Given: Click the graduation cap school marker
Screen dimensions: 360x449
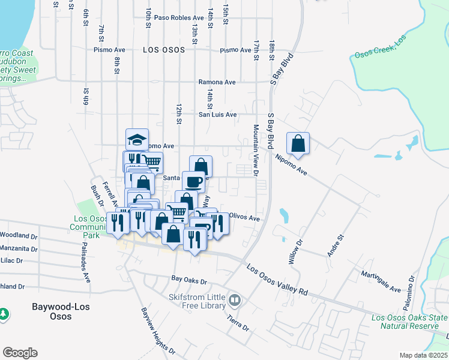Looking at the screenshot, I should click(x=137, y=140).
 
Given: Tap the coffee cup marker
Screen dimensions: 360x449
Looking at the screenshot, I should click(x=193, y=181).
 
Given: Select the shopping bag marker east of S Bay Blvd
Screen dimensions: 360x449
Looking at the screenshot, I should click(x=298, y=143).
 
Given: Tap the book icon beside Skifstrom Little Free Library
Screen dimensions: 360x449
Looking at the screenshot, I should click(x=235, y=299).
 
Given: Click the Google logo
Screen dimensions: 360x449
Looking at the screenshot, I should click(x=20, y=353).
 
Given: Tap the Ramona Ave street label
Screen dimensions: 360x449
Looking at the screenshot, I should click(x=217, y=82).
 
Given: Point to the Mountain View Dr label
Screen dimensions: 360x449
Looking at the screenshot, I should click(x=256, y=151).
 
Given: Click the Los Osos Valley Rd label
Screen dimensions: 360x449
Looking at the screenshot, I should click(x=277, y=279).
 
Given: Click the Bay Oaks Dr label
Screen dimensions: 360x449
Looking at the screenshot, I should click(x=188, y=280).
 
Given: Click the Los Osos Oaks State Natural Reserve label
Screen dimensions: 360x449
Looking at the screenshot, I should click(x=409, y=322).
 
